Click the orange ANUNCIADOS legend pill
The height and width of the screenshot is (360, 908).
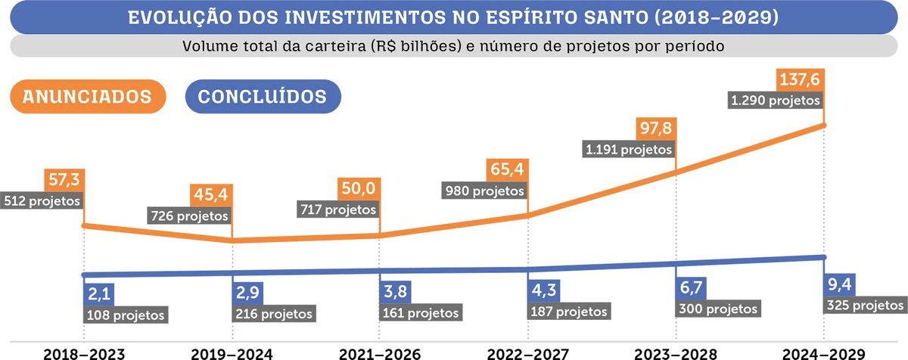click(x=87, y=97)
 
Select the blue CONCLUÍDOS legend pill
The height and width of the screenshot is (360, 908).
click(x=263, y=97)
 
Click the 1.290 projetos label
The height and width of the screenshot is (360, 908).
click(x=775, y=100)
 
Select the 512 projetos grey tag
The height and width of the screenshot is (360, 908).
click(x=41, y=202)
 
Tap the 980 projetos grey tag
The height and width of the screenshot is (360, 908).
click(x=484, y=191)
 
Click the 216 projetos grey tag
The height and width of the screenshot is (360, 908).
click(x=273, y=313)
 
